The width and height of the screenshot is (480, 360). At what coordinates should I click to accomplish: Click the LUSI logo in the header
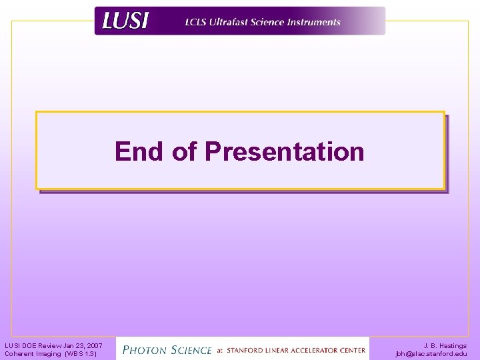click(125, 21)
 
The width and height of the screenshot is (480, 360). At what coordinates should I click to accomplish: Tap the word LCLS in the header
click(197, 22)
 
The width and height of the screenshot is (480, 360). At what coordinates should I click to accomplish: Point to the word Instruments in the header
click(313, 22)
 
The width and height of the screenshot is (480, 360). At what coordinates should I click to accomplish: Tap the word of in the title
click(183, 151)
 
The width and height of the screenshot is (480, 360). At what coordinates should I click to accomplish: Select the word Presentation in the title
click(285, 151)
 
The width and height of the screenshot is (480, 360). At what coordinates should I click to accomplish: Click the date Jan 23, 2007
click(83, 345)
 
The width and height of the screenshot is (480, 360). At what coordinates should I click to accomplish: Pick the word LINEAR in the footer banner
click(282, 350)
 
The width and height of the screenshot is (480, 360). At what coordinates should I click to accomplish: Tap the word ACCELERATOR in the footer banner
click(321, 350)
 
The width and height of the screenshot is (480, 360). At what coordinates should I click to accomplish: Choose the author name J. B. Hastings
click(445, 345)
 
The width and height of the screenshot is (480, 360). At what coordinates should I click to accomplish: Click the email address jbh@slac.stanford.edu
click(431, 353)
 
